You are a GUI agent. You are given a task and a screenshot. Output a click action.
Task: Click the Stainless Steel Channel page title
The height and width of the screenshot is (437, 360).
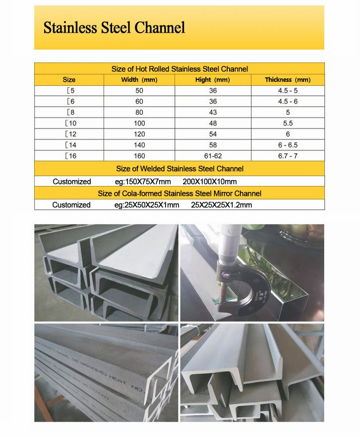pos(114,27)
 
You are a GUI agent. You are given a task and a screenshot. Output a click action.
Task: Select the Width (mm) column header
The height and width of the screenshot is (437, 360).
pos(139,79)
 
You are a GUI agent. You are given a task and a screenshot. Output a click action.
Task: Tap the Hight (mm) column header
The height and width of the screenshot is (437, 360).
pos(213,79)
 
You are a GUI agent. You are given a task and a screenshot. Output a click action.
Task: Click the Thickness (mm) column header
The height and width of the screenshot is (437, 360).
pos(287,79)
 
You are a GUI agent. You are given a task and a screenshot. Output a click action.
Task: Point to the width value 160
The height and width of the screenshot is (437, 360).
pos(140,155)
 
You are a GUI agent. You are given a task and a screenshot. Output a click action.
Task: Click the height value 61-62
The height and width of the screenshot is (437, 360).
pos(213,155)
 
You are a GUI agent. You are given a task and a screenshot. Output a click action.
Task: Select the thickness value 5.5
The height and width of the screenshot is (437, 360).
pos(288,123)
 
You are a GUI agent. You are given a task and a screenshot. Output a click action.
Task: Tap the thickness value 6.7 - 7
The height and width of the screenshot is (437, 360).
pos(288,155)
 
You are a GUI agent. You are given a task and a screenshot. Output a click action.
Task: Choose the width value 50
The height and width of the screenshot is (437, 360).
pos(140,91)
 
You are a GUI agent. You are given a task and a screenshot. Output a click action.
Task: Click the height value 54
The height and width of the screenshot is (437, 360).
pos(213,134)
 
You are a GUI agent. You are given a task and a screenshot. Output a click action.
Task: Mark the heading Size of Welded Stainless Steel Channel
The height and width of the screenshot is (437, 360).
pos(179,169)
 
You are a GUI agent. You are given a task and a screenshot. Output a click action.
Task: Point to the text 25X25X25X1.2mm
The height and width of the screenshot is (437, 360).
pos(221,205)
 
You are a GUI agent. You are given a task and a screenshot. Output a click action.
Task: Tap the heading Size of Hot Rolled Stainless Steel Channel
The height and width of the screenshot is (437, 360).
pos(179,69)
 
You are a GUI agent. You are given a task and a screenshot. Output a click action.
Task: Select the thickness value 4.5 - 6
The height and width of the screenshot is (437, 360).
pos(288,101)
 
